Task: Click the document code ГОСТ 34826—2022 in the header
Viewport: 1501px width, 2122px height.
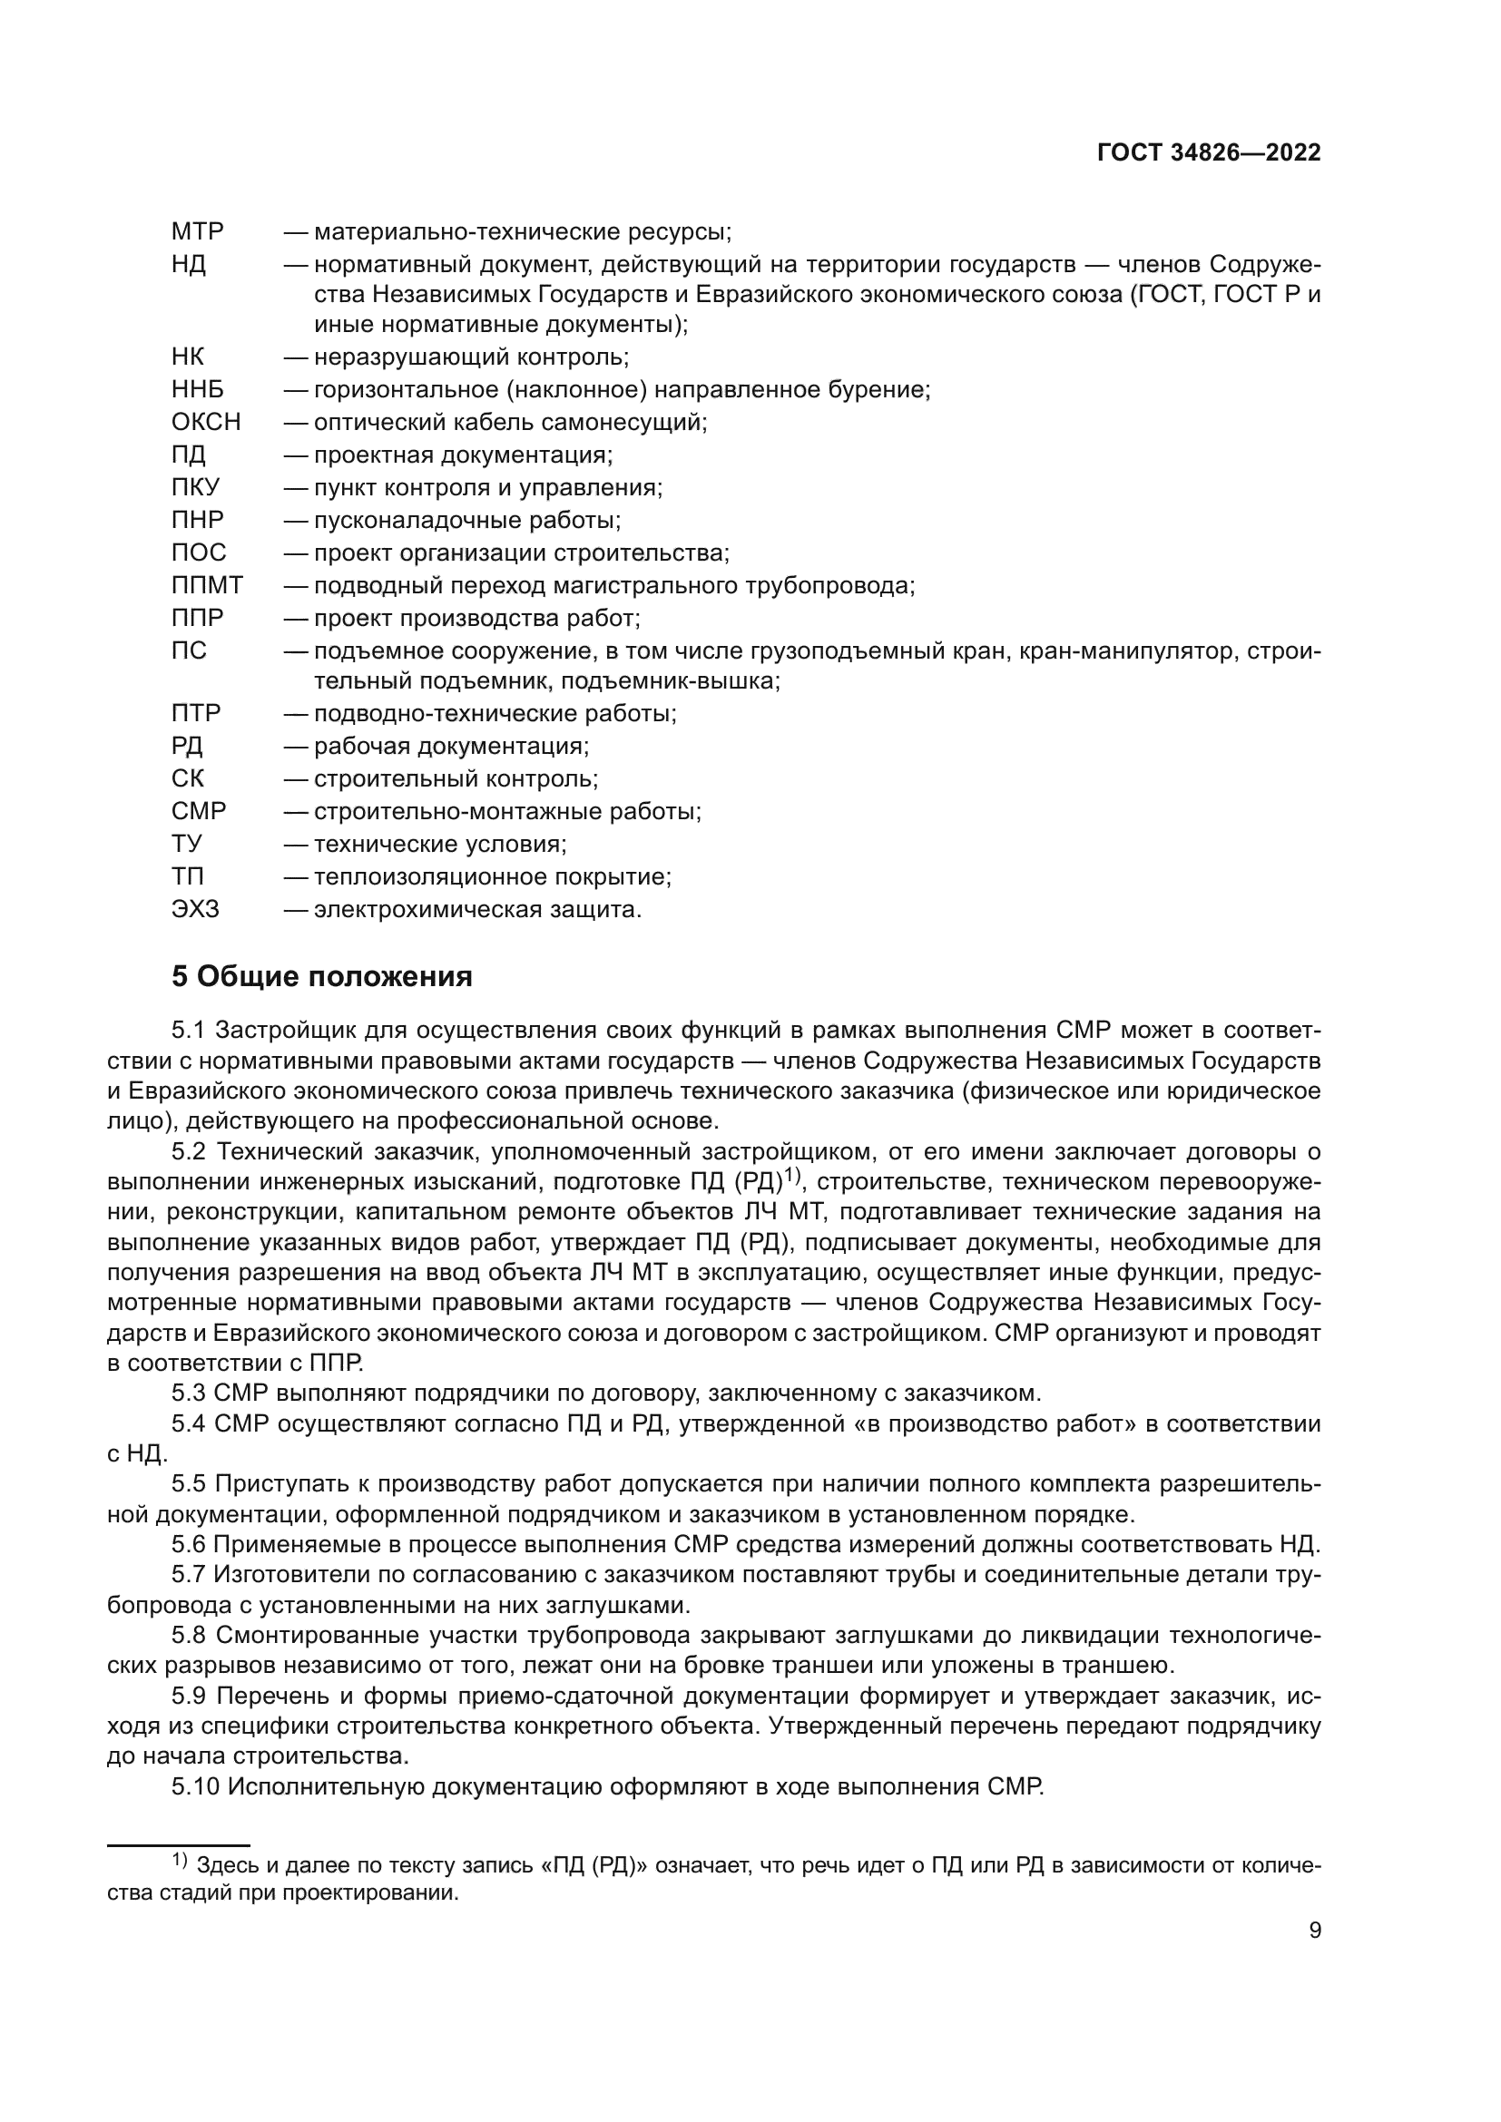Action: point(1209,153)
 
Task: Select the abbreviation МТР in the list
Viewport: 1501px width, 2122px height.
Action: point(198,231)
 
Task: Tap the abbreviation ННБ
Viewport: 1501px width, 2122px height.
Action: point(198,389)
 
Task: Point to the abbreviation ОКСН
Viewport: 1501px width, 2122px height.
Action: point(206,423)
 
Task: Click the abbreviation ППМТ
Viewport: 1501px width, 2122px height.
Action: point(207,585)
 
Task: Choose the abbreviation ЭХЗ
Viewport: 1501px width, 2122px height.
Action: point(196,909)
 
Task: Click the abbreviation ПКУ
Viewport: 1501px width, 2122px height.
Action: point(196,487)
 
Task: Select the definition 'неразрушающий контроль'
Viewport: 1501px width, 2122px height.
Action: point(470,357)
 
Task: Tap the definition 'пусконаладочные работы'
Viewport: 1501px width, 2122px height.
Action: point(466,521)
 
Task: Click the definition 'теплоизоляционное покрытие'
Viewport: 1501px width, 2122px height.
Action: point(492,877)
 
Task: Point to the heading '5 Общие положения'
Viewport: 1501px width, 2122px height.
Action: point(321,976)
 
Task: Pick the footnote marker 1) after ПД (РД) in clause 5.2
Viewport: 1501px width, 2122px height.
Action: point(793,1176)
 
